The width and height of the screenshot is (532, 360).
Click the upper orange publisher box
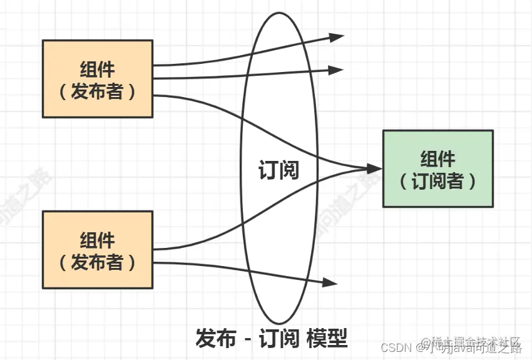(97, 79)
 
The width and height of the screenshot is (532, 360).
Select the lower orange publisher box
(97, 249)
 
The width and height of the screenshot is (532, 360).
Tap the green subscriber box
(437, 168)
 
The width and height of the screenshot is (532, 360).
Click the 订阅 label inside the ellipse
(279, 170)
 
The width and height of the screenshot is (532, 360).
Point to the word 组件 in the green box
(438, 158)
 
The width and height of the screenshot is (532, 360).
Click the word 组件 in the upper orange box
(98, 68)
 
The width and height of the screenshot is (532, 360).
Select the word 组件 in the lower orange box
(98, 239)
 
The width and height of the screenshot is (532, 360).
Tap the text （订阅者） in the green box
(438, 181)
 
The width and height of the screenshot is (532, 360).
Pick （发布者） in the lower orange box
(98, 262)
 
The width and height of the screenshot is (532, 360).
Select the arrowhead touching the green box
(374, 168)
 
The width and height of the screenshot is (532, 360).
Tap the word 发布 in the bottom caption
(217, 338)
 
